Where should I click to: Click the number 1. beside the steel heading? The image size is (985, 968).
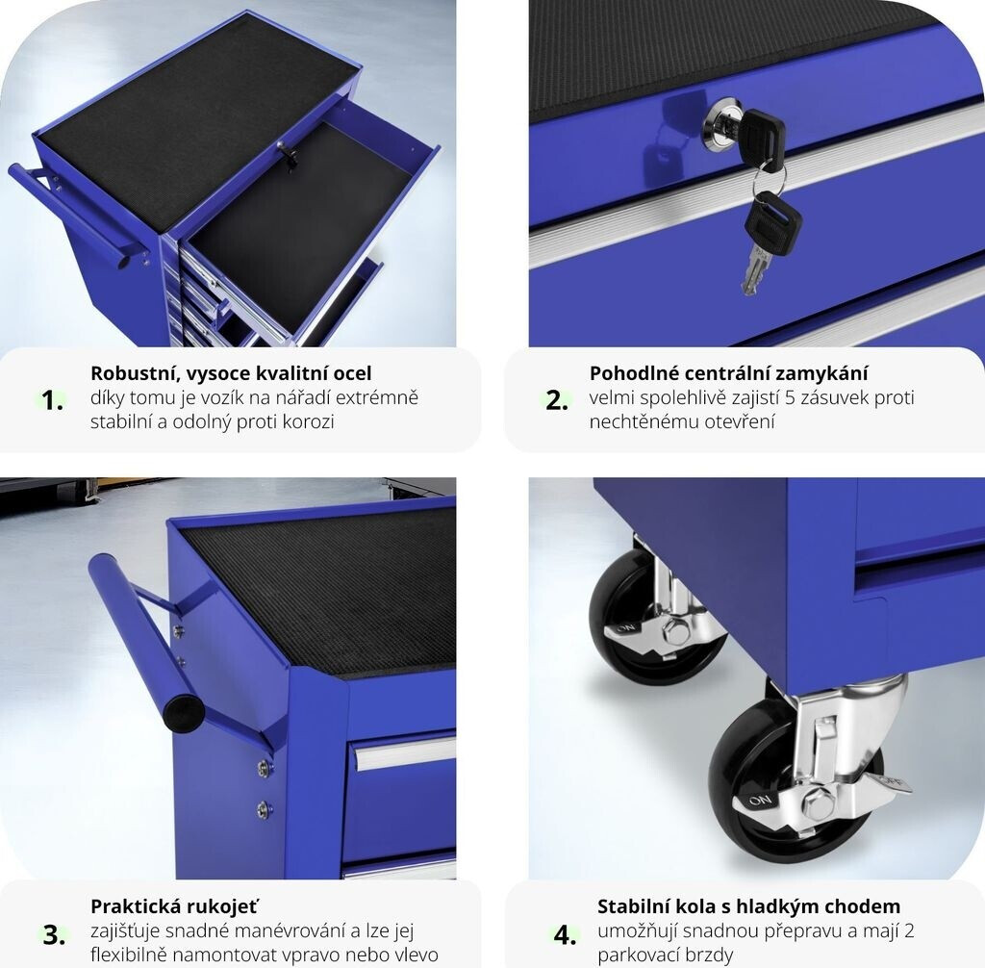52,400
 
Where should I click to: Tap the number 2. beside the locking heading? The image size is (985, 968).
557,400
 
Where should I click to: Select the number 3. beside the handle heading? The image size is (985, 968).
54,934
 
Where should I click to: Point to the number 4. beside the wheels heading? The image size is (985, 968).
565,934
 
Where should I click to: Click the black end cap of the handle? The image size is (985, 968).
184,713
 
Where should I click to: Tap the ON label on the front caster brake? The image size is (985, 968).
760,801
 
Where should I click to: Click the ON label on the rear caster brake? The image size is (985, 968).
625,628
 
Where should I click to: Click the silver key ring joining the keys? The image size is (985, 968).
768,178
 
